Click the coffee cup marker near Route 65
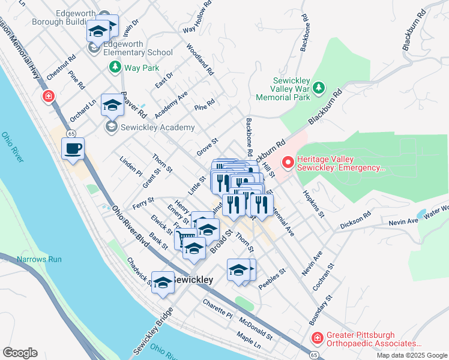(x=73, y=149)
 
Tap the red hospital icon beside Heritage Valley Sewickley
(x=288, y=162)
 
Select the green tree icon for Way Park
(x=115, y=68)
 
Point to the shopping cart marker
(x=184, y=239)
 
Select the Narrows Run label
(x=40, y=259)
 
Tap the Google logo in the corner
(x=20, y=353)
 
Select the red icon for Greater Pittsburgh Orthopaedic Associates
(x=316, y=340)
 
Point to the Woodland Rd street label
(x=200, y=59)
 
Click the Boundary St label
(x=321, y=308)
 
